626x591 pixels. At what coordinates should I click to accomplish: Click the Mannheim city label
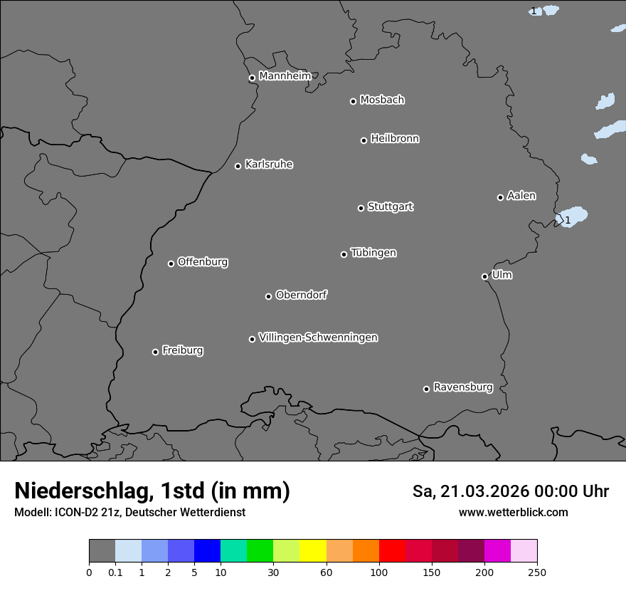tap(285, 75)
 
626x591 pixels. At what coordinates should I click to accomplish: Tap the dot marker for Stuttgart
tap(361, 208)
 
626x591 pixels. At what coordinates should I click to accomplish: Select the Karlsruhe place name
tap(269, 164)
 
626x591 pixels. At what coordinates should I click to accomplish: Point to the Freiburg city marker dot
tap(155, 352)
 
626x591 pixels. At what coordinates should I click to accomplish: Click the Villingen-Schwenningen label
tap(318, 338)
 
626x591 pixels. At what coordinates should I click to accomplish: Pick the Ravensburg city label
tap(463, 387)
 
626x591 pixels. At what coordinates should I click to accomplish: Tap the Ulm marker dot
tap(484, 276)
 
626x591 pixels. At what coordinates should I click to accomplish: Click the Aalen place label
tap(521, 196)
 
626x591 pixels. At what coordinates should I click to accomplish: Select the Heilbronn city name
tap(395, 139)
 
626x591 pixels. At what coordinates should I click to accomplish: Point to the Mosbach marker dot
tap(353, 101)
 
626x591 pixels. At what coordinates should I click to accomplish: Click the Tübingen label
tap(373, 253)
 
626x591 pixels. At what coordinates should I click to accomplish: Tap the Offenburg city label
tap(203, 262)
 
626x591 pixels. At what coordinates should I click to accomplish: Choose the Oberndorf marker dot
tap(268, 296)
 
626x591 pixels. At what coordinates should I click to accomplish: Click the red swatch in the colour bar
tap(392, 551)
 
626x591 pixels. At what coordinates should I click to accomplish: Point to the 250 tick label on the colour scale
tap(537, 572)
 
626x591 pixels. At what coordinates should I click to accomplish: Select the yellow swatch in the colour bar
tap(313, 551)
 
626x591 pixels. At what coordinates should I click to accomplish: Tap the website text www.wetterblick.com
tap(513, 512)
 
